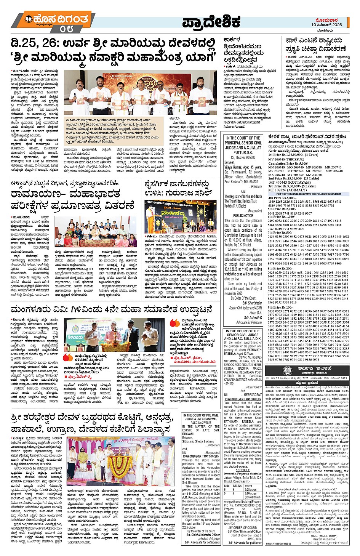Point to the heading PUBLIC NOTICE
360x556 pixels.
(x=243, y=216)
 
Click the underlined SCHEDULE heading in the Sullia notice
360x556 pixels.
(x=243, y=470)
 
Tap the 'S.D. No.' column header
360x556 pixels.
(x=238, y=486)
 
